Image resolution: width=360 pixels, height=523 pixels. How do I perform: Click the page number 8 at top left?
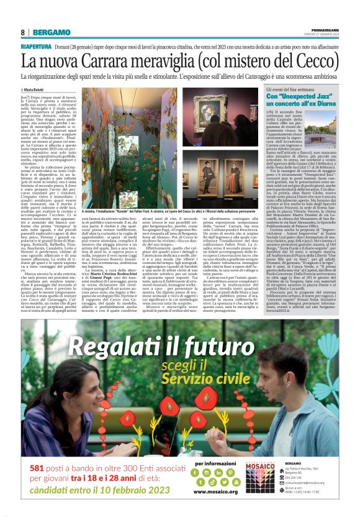click(x=22, y=32)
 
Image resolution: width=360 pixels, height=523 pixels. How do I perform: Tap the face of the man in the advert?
click(x=273, y=398)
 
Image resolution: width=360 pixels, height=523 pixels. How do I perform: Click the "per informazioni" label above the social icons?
click(x=215, y=463)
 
